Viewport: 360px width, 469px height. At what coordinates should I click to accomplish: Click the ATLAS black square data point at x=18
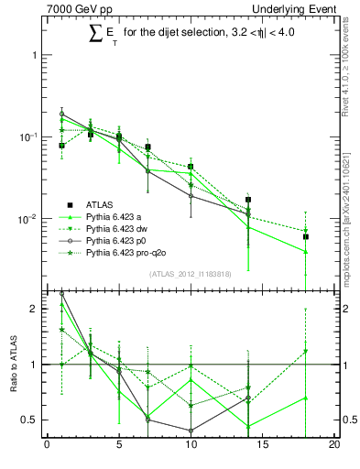[x=306, y=236]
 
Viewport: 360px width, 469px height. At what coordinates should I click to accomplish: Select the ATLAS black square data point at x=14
[x=248, y=199]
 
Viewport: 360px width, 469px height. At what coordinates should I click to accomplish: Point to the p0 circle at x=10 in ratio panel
[x=191, y=431]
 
